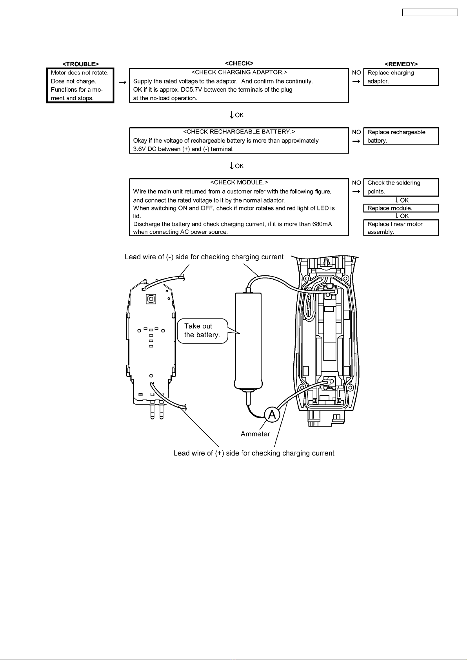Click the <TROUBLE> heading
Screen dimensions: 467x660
click(x=80, y=64)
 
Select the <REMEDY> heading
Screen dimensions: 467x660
click(x=401, y=64)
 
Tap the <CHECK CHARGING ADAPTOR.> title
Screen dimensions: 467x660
click(x=239, y=72)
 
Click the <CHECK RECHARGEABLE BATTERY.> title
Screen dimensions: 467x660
click(x=239, y=132)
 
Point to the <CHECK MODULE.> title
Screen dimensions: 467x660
click(x=239, y=183)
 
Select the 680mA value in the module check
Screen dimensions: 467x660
click(x=322, y=224)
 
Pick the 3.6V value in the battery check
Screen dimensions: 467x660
click(x=139, y=149)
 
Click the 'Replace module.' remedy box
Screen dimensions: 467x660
click(x=401, y=208)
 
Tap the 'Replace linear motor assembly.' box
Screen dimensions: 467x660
click(x=401, y=228)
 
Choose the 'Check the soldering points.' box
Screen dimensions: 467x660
click(x=401, y=187)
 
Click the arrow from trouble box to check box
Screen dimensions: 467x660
click(x=122, y=83)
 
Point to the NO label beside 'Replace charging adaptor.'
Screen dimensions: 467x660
click(x=356, y=72)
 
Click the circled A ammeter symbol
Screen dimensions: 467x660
click(x=272, y=414)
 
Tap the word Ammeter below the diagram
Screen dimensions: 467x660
click(x=255, y=434)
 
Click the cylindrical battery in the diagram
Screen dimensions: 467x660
click(x=248, y=342)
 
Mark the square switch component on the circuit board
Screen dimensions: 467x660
click(x=151, y=299)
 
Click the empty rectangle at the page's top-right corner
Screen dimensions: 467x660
click(x=430, y=13)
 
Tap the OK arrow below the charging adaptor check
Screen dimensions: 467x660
click(x=232, y=115)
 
